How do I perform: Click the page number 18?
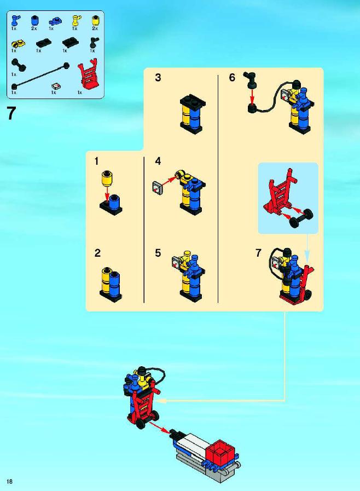10,481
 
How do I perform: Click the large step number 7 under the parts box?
11,113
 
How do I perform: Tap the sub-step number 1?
96,161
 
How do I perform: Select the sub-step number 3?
158,77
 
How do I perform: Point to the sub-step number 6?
232,77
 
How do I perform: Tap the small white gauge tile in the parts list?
56,86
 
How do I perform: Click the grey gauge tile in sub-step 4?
158,188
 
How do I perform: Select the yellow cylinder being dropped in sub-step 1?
107,178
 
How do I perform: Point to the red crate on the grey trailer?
220,454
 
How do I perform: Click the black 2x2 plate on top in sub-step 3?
193,101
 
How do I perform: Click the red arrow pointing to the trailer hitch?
159,428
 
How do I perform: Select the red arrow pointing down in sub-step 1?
107,194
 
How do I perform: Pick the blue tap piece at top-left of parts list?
15,21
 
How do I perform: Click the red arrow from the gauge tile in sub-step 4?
170,181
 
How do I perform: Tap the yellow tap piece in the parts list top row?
76,21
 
